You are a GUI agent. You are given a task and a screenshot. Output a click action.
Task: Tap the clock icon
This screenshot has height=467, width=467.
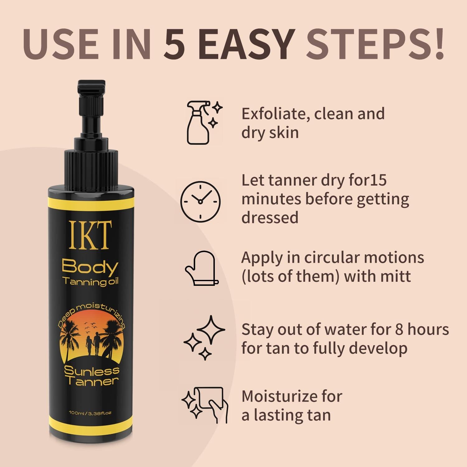click(x=200, y=201)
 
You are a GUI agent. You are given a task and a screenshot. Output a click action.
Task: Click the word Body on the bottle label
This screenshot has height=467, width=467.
click(x=90, y=268)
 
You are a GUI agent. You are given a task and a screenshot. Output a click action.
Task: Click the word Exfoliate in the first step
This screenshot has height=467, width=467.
click(x=275, y=114)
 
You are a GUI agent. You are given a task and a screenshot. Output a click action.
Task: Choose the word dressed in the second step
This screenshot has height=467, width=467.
click(x=270, y=217)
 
